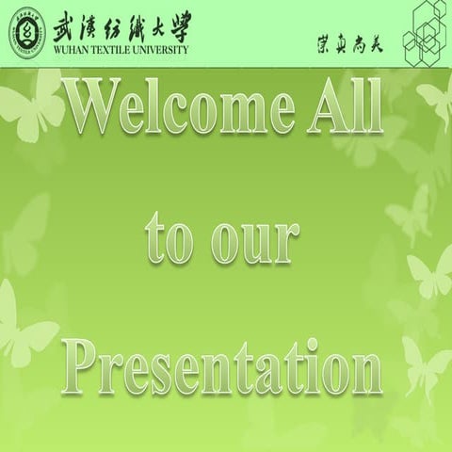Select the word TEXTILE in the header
pyautogui.click(x=117, y=51)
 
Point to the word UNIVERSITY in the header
pyautogui.click(x=164, y=51)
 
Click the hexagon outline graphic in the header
pyautogui.click(x=426, y=33)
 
